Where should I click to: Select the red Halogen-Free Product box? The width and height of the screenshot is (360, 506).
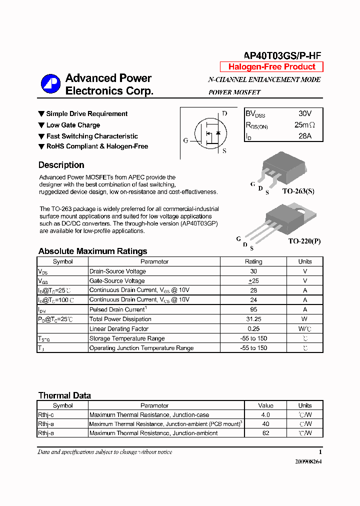271,67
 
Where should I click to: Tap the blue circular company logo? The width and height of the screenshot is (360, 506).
50,84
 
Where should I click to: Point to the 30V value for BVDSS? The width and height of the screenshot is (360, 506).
304,114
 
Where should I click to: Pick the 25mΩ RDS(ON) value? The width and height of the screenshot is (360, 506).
304,125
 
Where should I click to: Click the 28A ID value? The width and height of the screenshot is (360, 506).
304,136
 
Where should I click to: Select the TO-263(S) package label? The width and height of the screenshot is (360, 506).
298,191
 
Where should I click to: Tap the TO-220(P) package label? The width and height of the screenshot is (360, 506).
304,241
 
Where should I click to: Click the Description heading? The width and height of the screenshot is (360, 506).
61,165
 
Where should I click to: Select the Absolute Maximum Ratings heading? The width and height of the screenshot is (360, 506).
92,251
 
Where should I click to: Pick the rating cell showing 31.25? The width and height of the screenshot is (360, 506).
253,319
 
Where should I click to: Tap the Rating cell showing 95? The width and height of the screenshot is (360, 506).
253,309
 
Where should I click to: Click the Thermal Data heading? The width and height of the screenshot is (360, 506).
64,395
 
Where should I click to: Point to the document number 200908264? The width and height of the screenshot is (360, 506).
308,461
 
